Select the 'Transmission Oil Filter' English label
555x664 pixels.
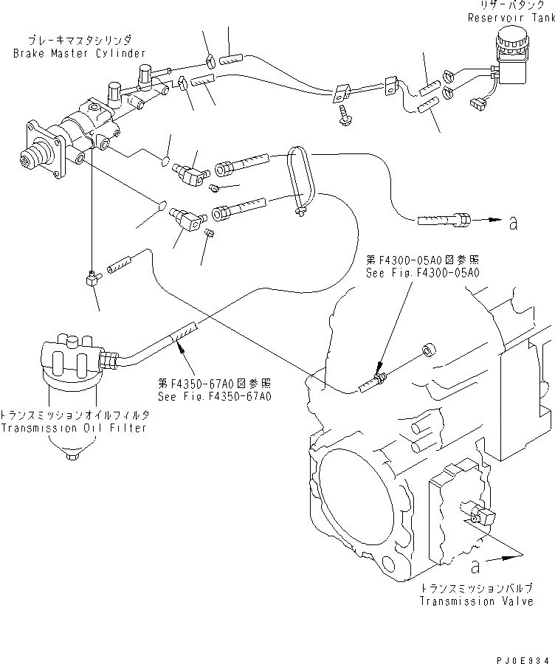pyautogui.click(x=75, y=428)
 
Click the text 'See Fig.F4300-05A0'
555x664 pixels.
pyautogui.click(x=423, y=272)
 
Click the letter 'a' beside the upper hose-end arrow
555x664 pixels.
pyautogui.click(x=512, y=221)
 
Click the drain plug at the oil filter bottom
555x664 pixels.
pyautogui.click(x=71, y=457)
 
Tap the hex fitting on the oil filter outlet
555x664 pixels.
pyautogui.click(x=108, y=360)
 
